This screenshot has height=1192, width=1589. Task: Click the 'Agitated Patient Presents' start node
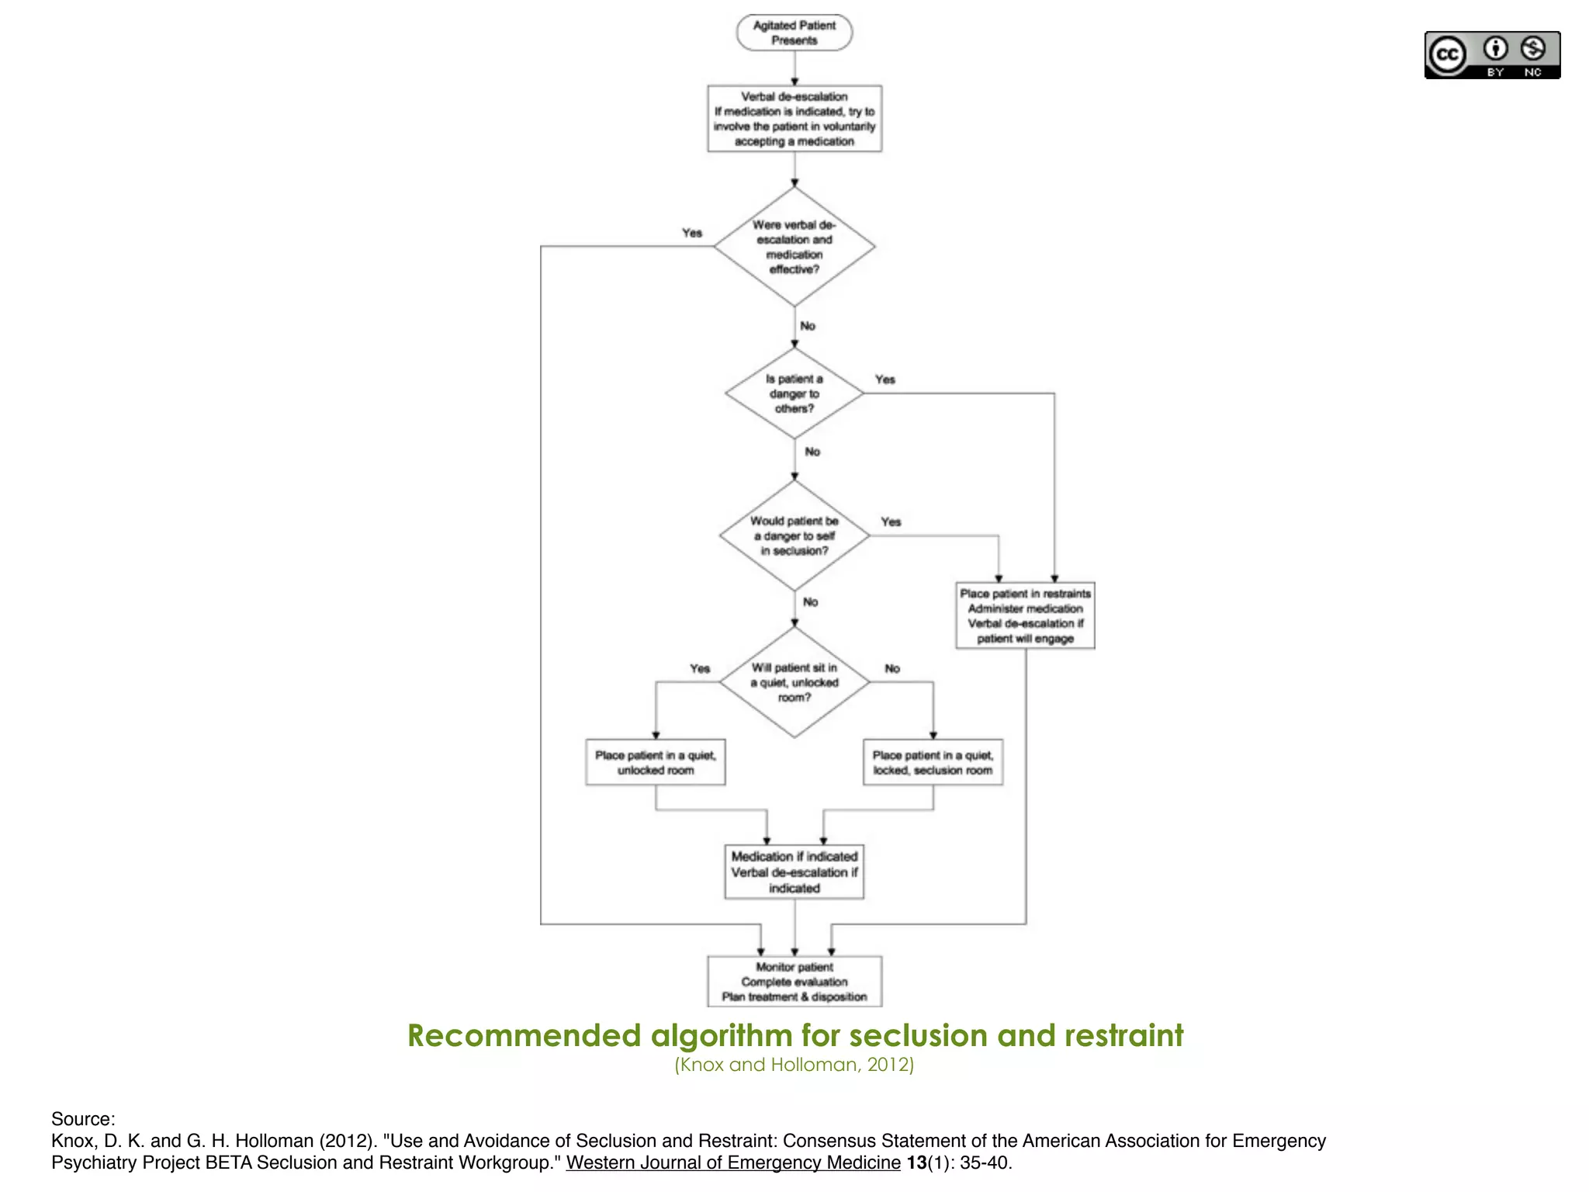click(794, 33)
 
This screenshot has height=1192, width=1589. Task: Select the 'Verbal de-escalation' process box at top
click(794, 119)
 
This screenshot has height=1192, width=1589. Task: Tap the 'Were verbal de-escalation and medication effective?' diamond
click(794, 247)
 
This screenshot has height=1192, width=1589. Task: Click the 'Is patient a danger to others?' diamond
click(794, 393)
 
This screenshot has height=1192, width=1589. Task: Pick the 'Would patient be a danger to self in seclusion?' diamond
click(794, 535)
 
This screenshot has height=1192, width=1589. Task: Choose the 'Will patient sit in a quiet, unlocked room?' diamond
click(794, 682)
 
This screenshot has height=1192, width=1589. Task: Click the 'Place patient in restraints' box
click(1025, 615)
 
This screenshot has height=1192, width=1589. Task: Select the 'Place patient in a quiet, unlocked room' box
click(656, 762)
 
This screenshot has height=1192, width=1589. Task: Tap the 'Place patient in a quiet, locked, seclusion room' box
click(933, 762)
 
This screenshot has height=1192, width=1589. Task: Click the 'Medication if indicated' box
click(794, 872)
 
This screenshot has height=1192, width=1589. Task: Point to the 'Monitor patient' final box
click(794, 982)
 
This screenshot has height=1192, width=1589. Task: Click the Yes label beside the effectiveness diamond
click(691, 233)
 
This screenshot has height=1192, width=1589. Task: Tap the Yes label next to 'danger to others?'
click(885, 379)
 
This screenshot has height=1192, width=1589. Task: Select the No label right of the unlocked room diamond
click(892, 668)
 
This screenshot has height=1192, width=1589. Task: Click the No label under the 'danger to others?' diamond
click(812, 452)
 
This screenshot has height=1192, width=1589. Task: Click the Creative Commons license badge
click(1492, 55)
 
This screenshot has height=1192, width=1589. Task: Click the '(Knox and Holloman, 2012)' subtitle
click(794, 1065)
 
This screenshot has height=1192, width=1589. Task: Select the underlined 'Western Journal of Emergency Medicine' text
click(733, 1163)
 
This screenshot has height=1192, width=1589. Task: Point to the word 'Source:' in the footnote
click(83, 1119)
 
